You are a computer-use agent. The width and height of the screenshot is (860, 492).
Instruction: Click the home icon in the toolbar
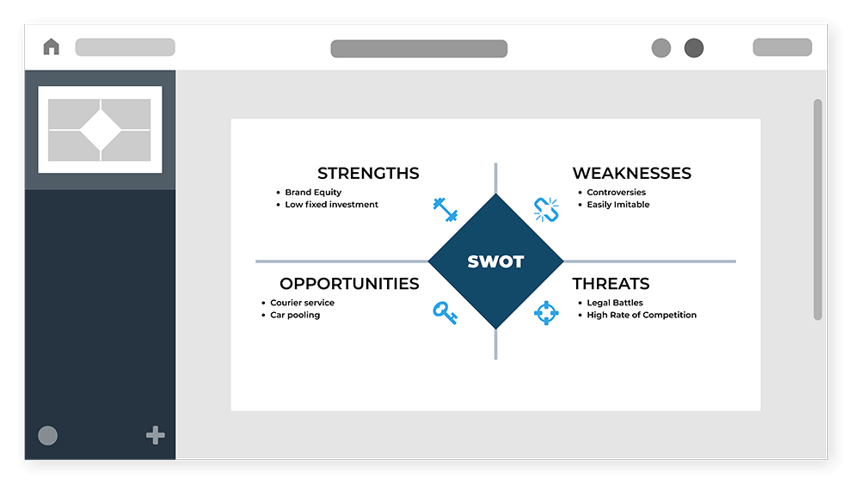(x=51, y=46)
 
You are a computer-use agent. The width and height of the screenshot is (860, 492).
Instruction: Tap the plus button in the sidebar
(x=155, y=435)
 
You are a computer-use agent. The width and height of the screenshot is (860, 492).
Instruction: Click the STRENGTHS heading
(x=368, y=174)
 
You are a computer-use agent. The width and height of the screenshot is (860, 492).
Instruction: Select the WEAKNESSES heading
(x=632, y=174)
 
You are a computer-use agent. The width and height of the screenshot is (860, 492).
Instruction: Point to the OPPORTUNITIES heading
(x=349, y=284)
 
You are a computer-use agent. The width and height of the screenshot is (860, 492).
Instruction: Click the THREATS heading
(x=611, y=284)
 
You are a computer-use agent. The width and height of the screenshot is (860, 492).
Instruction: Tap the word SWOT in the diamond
(x=496, y=261)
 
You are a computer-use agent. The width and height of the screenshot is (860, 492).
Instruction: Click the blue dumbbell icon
(x=445, y=210)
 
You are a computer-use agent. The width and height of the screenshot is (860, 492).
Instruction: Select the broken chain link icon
(x=546, y=210)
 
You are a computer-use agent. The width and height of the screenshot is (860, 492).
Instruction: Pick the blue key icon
(x=445, y=312)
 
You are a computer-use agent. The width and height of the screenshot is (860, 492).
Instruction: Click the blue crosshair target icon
(x=546, y=313)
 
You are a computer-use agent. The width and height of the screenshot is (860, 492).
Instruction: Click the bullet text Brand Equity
(x=313, y=192)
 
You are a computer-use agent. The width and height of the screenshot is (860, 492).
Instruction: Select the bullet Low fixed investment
(x=331, y=205)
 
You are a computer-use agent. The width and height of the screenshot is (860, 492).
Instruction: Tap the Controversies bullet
(x=616, y=192)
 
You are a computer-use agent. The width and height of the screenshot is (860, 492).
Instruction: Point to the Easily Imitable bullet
(x=618, y=205)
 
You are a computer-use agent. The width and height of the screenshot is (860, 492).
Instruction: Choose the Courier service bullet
(x=302, y=303)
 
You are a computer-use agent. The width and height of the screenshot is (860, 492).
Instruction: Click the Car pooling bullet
(x=295, y=315)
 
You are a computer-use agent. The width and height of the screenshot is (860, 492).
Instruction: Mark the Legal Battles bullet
(x=615, y=303)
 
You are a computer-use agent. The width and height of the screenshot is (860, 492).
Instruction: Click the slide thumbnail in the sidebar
(x=100, y=129)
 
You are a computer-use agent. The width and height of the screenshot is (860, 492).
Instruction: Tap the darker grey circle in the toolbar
(x=694, y=47)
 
